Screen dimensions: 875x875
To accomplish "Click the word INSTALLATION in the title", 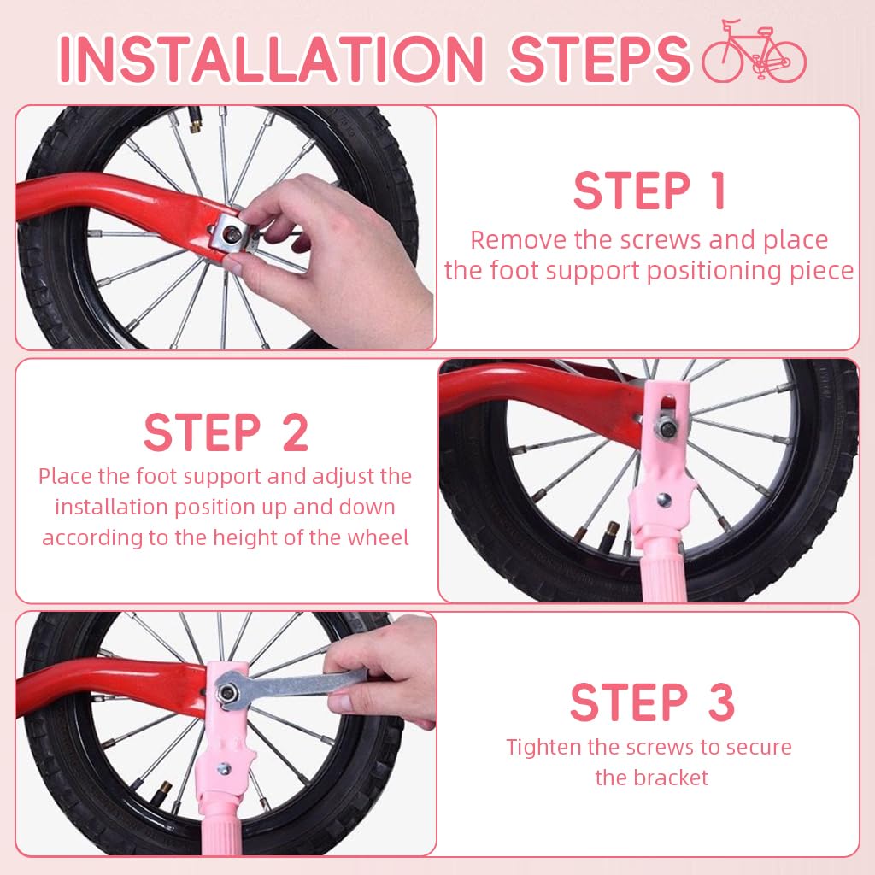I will (271, 58).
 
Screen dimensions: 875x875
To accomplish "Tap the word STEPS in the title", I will (598, 58).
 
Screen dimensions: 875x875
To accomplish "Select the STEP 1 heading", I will (649, 191).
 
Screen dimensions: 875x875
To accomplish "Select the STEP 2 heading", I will (226, 433).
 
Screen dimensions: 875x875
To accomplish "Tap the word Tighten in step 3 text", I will (545, 747).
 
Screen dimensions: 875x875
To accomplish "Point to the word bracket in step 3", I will (670, 778).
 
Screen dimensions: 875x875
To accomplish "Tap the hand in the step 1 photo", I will (342, 256).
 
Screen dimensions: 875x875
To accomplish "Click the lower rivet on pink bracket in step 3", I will (223, 769).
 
